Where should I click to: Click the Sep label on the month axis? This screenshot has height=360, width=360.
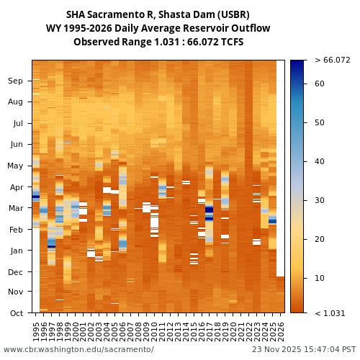coord(15,81)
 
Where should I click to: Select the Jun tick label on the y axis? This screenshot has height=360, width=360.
coord(15,145)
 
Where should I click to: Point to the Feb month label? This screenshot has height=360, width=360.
coord(15,230)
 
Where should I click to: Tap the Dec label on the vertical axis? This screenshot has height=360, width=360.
coord(15,272)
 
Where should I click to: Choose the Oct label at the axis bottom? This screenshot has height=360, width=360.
coord(15,313)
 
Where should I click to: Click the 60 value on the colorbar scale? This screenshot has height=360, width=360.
coord(320,84)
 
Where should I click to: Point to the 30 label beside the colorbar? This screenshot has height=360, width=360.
coord(320,201)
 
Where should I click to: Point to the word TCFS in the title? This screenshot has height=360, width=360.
coord(231,42)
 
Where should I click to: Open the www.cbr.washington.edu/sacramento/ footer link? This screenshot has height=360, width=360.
coord(78,350)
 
